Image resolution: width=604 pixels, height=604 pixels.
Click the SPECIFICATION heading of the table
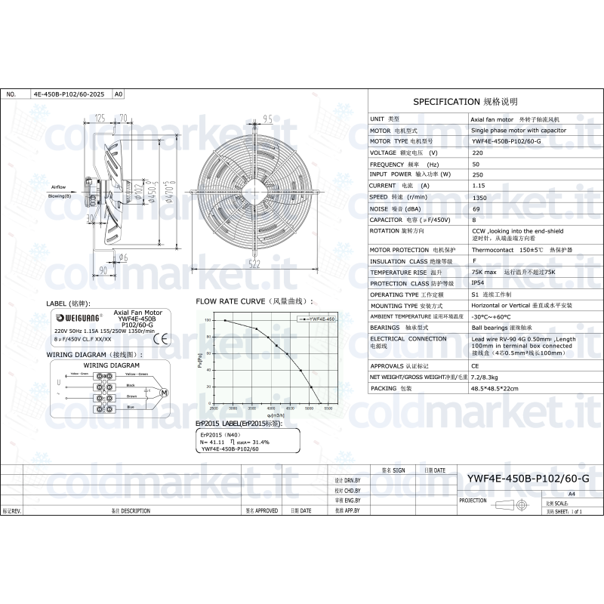465,101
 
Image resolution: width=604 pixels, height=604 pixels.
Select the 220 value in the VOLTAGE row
477,153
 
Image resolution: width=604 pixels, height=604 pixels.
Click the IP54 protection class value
477,283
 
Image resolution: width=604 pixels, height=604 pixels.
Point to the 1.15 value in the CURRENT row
478,185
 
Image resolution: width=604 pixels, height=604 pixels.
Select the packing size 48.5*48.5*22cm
499,387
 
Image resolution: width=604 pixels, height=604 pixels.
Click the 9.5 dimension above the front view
267,119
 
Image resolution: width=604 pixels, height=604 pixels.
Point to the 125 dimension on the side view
100,119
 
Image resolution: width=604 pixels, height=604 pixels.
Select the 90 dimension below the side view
103,269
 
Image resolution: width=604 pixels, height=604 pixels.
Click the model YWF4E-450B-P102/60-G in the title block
528,479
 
